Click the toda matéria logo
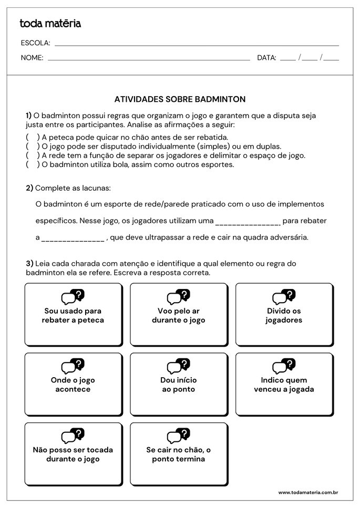50,23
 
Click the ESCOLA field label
35,43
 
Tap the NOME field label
32,58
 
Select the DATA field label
266,58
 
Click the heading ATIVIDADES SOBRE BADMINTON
180,99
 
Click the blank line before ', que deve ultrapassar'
73,238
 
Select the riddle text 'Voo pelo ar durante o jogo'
179,315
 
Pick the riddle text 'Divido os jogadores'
284,315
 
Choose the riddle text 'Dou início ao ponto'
179,385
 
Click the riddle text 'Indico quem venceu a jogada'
284,385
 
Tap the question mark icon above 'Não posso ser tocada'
79,433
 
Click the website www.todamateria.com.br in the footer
307,492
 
